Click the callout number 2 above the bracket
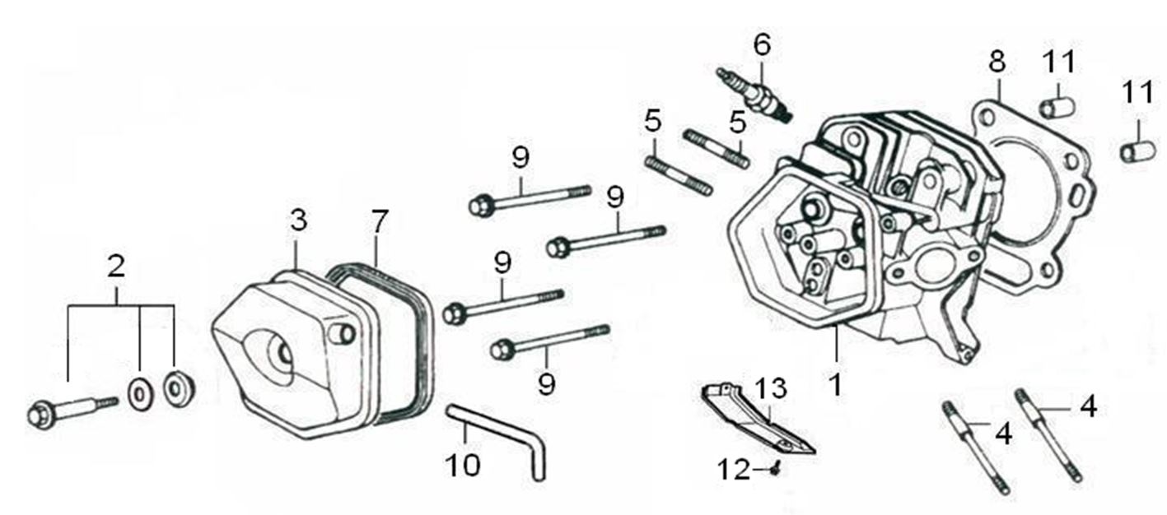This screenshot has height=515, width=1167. coord(116,266)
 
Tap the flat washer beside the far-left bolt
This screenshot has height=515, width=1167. coord(139,392)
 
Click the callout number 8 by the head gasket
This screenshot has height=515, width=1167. coord(997,61)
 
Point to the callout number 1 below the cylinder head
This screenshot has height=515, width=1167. coord(835,384)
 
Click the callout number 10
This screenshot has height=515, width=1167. coord(462,465)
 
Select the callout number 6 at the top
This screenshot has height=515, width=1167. coord(762,44)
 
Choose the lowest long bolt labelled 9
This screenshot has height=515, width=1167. coord(548,341)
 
